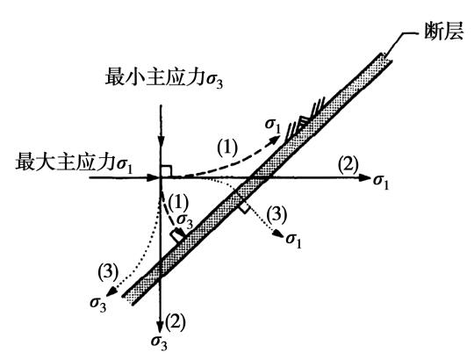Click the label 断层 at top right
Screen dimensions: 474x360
coord(444,32)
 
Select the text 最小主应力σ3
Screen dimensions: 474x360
coord(164,77)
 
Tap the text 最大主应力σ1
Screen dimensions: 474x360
coord(75,162)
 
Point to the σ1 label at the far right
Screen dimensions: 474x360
coord(381,182)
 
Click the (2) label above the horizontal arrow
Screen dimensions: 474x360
coord(348,164)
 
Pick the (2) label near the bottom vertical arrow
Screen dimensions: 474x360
coord(175,321)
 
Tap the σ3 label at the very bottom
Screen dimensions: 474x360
coord(159,342)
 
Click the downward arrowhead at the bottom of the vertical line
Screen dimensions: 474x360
coord(161,326)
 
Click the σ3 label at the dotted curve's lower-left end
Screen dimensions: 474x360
coord(98,304)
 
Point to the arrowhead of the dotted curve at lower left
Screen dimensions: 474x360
coord(111,291)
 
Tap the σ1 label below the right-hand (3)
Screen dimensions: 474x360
coord(294,240)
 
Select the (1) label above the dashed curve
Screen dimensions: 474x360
coord(227,148)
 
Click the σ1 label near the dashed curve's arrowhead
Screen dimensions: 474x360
coord(273,126)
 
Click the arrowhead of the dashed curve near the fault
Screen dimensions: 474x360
coord(275,140)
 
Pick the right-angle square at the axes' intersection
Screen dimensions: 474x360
coord(166,171)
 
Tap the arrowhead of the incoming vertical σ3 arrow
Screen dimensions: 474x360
coord(162,143)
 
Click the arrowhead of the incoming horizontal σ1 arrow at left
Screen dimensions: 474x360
coord(153,177)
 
